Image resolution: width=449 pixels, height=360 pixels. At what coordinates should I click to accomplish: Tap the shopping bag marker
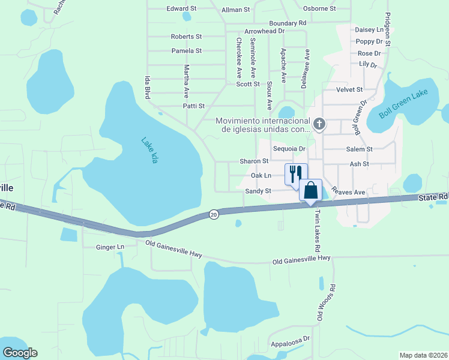point(311,190)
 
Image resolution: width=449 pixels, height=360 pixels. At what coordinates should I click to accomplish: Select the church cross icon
point(319,125)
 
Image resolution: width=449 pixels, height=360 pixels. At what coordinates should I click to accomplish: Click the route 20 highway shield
point(214,214)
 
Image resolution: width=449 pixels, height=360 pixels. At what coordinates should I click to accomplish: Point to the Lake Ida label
point(150,151)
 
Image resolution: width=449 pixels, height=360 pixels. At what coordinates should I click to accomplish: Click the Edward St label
point(182,9)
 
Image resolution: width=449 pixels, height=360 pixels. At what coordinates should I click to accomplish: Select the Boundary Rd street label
point(288,23)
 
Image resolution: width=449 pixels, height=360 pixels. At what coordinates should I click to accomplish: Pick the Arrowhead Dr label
point(264,31)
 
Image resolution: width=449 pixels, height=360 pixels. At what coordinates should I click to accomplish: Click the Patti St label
point(194,106)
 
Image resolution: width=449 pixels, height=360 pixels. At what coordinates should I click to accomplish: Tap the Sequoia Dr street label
point(289,149)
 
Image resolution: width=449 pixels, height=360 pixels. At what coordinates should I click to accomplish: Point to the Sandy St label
point(259,191)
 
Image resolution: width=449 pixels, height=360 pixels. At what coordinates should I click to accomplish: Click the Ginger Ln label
point(110,247)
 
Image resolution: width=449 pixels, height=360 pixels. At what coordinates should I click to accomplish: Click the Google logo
point(20,353)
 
